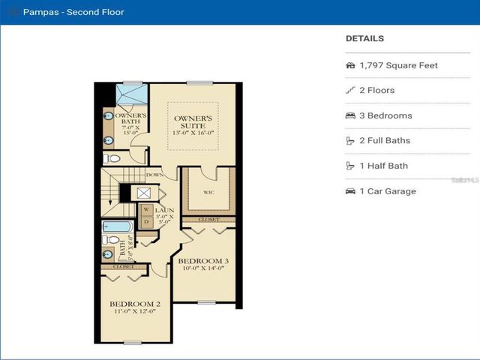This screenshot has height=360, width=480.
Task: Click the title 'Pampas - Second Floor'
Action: pos(73,12)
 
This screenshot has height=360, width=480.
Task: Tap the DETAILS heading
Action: pos(364,38)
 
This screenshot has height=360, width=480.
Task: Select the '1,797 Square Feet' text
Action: pos(398,65)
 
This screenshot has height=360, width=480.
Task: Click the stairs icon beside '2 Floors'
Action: pos(350,91)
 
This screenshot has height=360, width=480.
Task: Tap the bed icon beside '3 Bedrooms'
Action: pos(350,115)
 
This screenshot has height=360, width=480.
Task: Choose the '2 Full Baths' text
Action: pos(385,141)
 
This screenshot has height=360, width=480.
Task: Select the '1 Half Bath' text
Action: pos(384,166)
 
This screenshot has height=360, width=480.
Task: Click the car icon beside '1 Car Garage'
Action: pos(350,191)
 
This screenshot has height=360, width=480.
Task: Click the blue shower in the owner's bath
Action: pos(132,97)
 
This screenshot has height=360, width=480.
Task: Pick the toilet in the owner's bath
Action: pos(111,159)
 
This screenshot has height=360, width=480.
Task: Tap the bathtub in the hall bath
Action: pos(117,226)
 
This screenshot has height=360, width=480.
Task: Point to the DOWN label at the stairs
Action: pos(155,175)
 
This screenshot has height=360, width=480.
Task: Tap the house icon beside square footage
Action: pos(350,65)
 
